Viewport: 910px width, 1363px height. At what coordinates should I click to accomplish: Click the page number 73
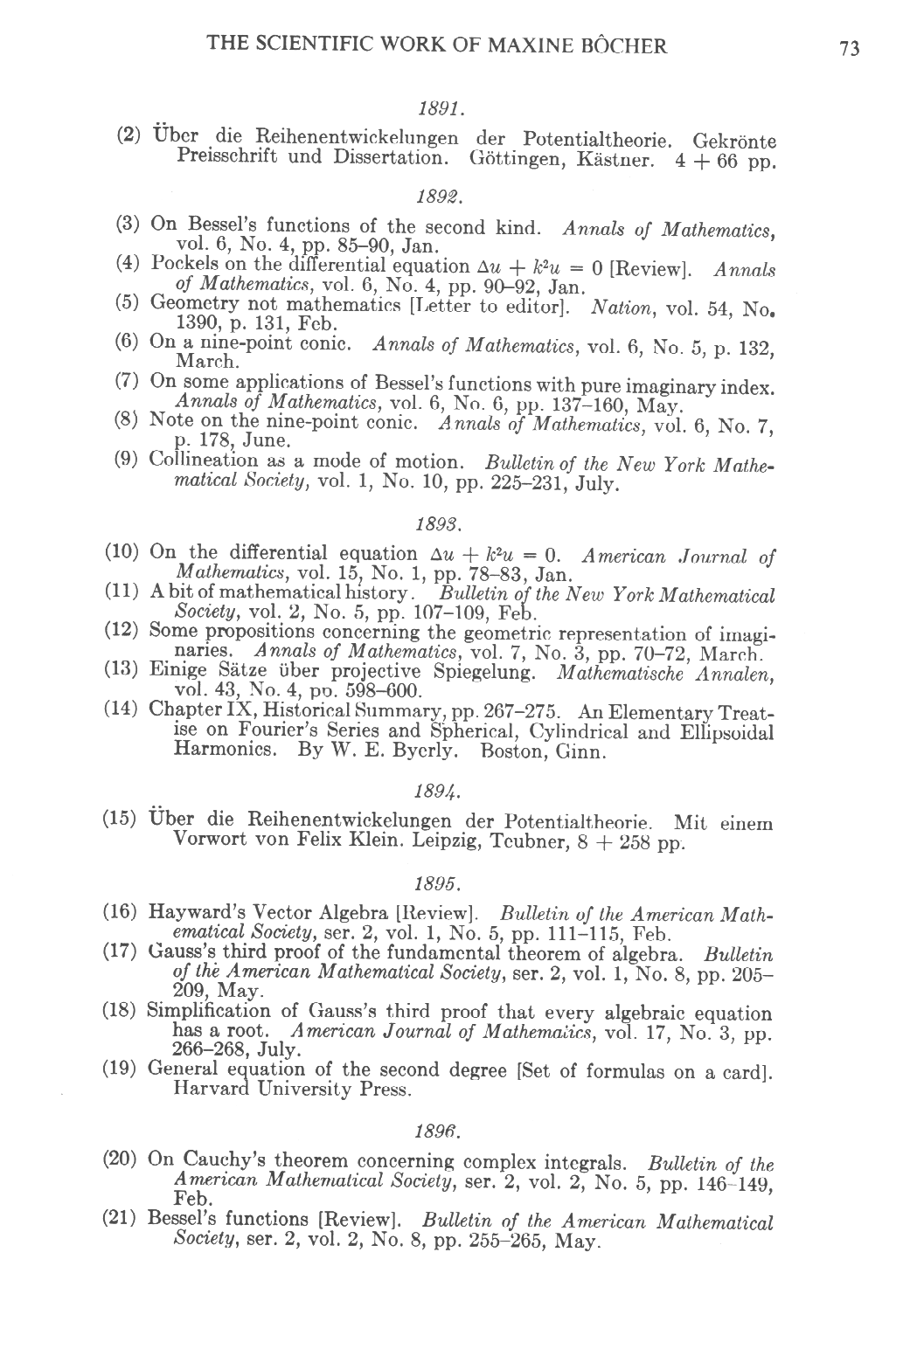[849, 49]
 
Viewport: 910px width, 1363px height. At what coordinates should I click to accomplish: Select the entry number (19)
[124, 1068]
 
